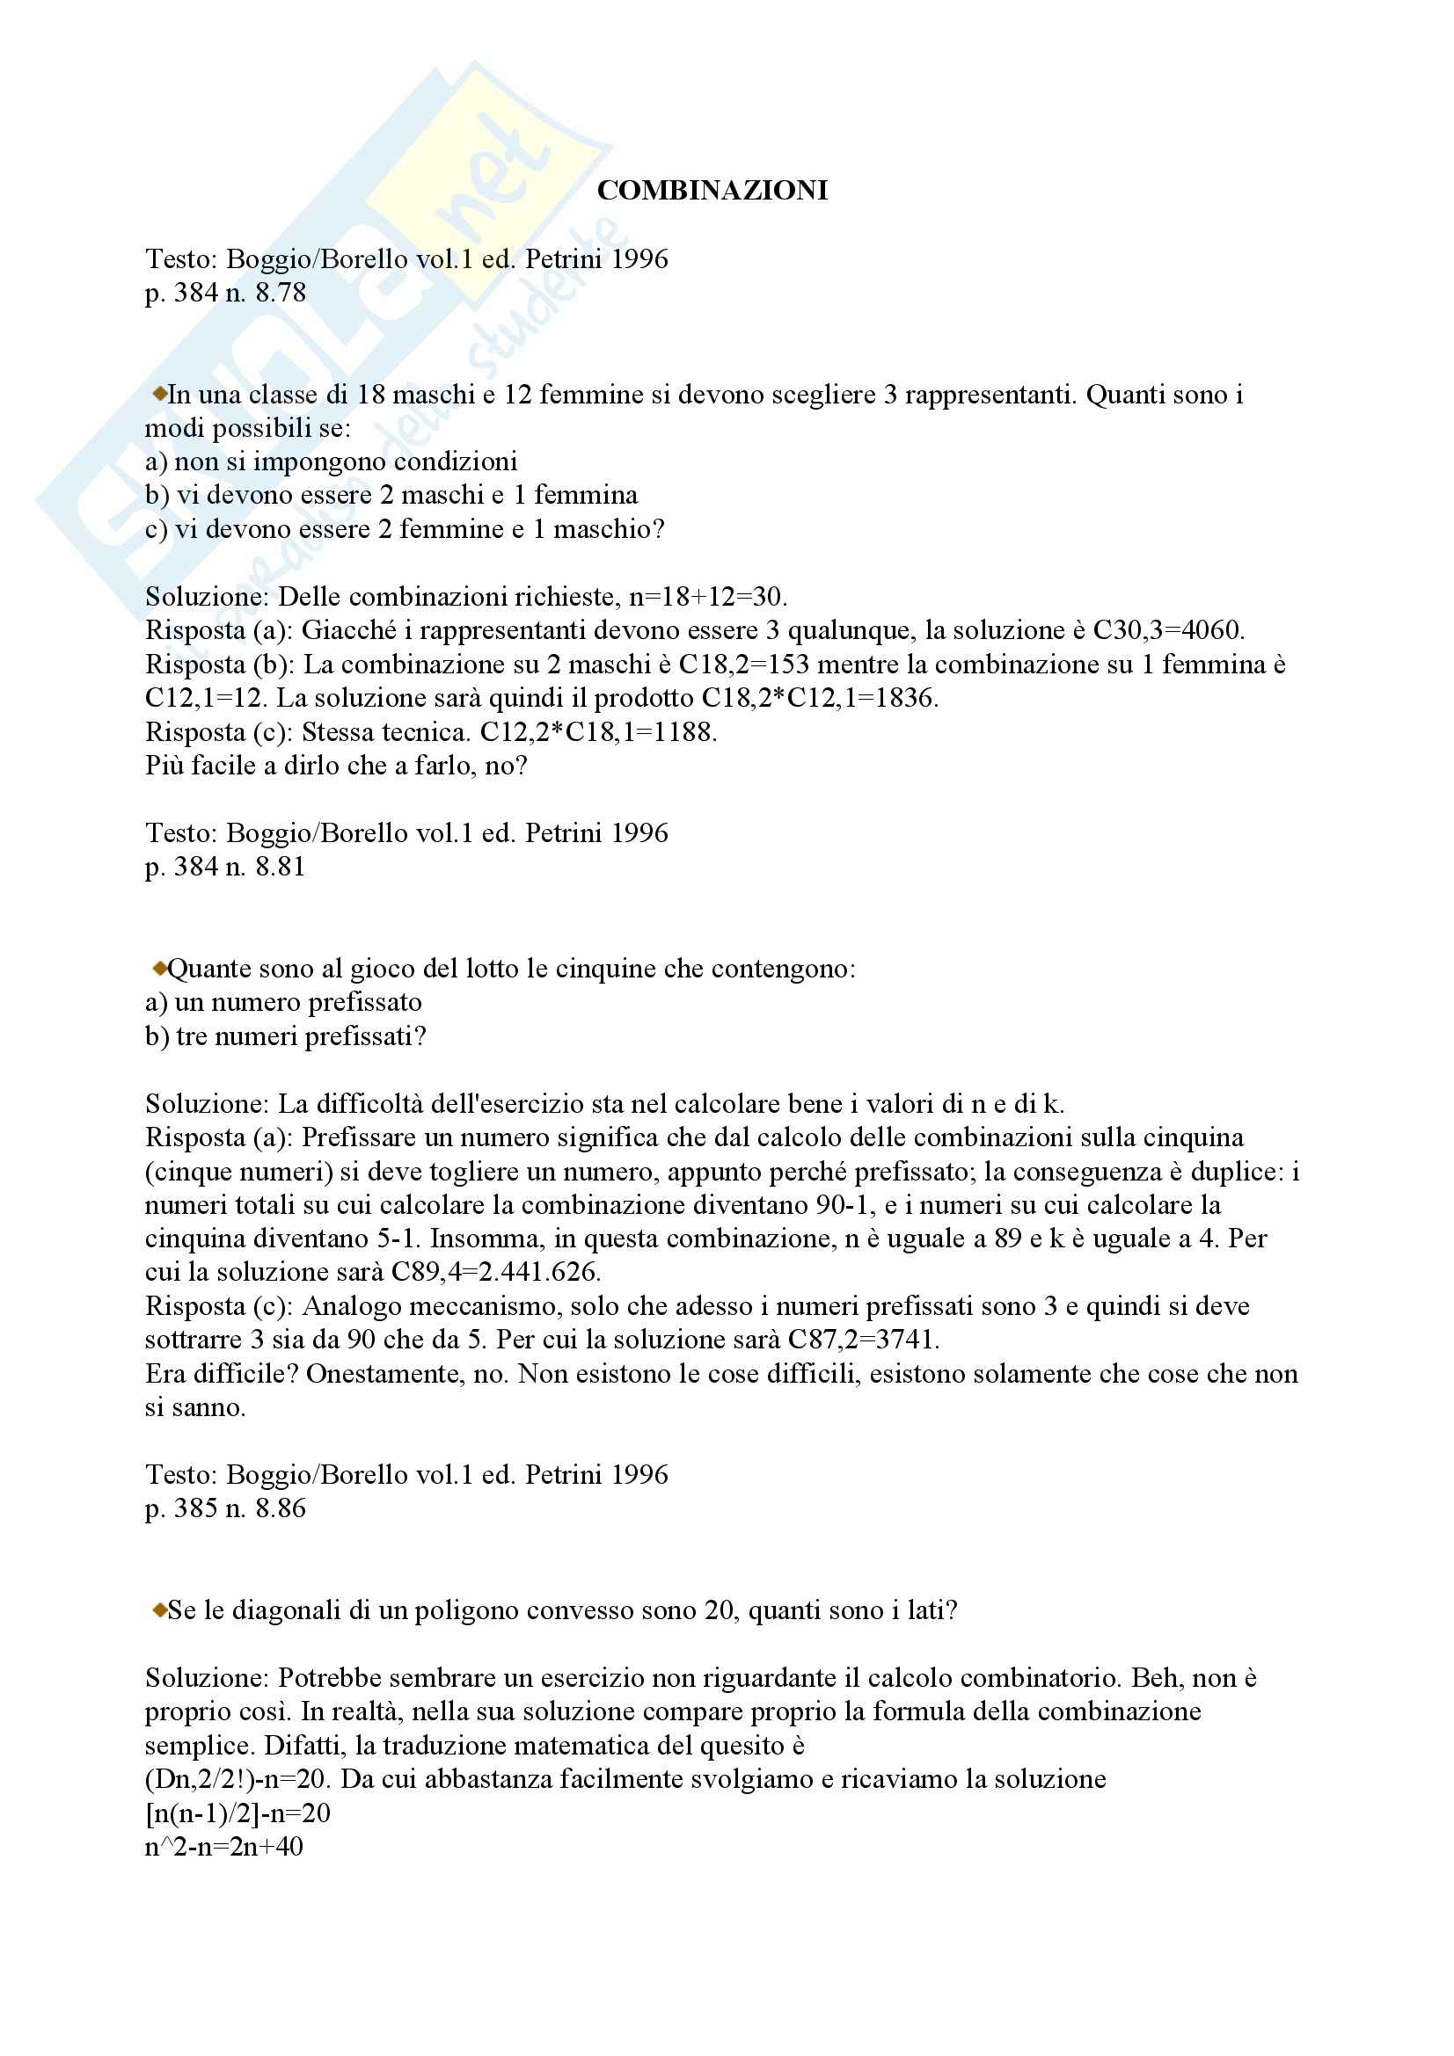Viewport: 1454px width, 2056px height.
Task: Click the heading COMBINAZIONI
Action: point(712,191)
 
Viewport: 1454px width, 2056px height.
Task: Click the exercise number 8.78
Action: point(281,293)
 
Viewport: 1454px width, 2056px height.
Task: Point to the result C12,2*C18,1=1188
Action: point(597,732)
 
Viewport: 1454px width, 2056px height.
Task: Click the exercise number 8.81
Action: point(281,867)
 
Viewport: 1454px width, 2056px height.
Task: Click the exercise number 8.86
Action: point(281,1509)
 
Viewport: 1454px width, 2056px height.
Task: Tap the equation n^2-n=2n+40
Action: point(224,1847)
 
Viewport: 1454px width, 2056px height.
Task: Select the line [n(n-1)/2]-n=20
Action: point(237,1813)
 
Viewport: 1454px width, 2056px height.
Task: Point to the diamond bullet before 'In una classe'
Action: point(159,392)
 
